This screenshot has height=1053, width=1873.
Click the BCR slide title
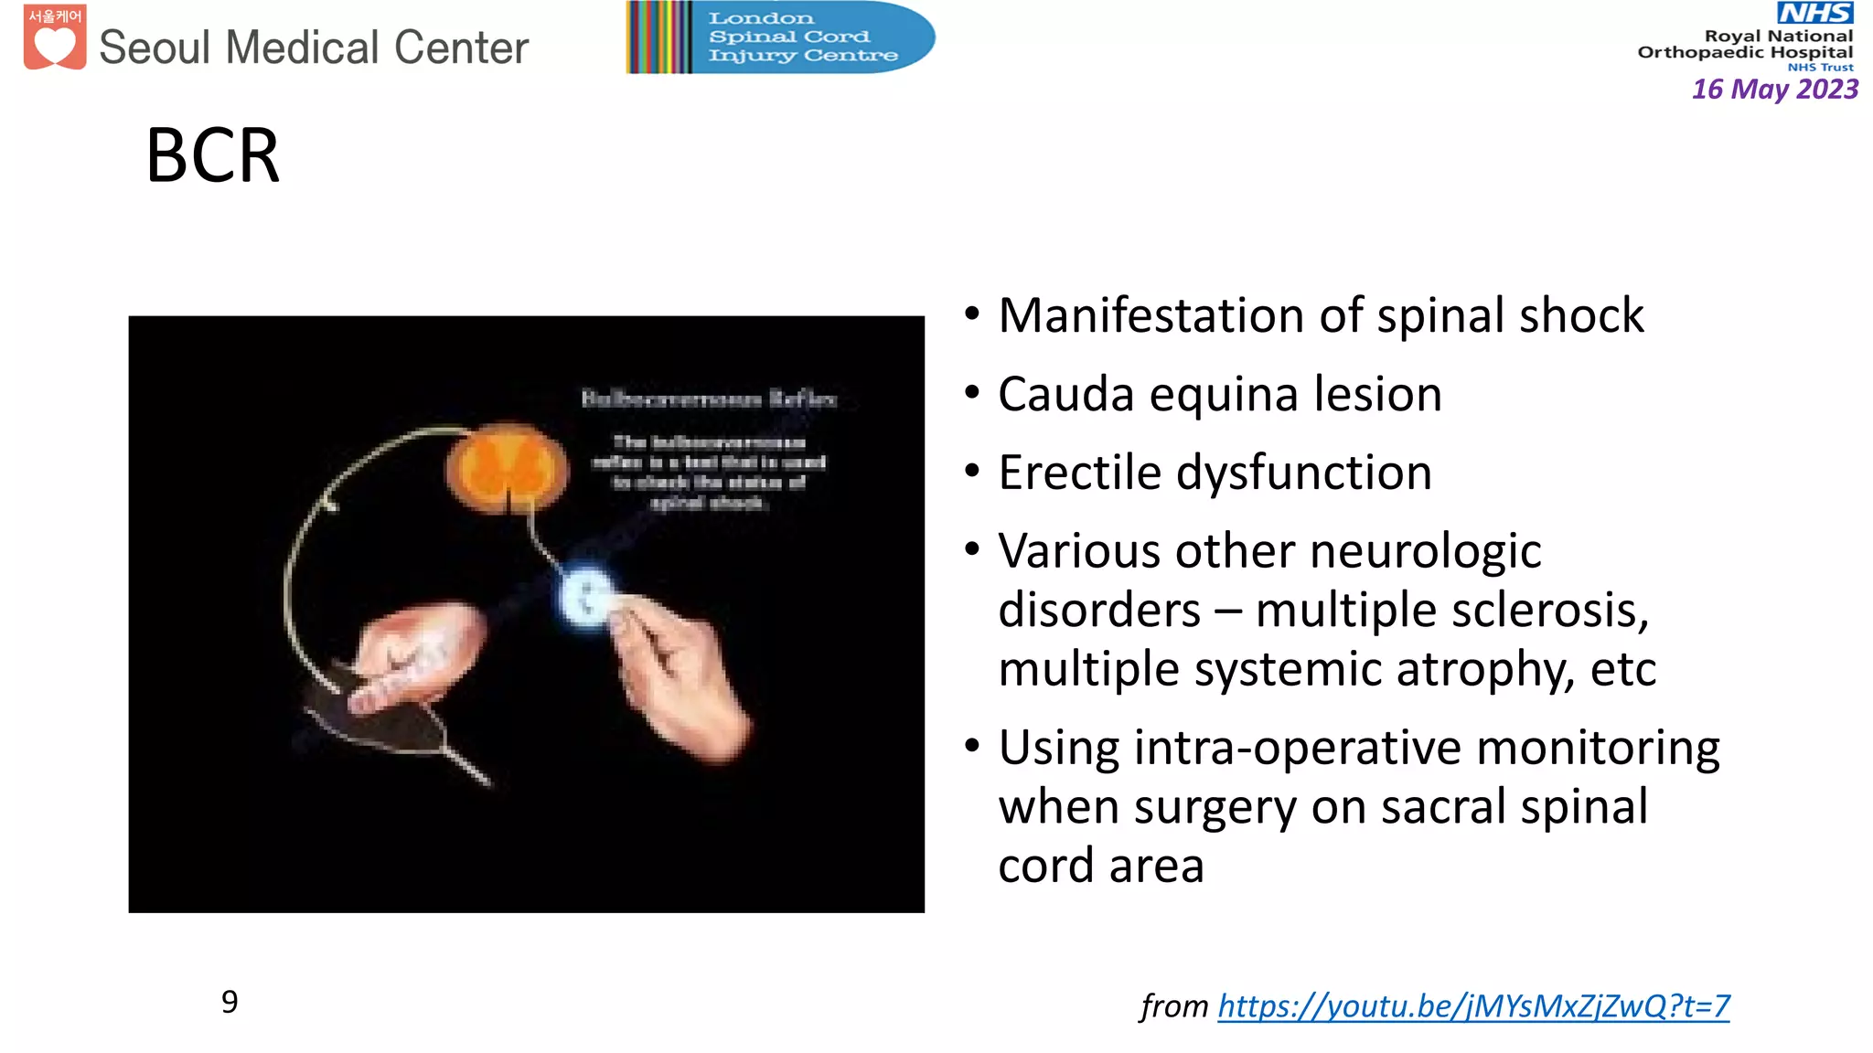(x=212, y=155)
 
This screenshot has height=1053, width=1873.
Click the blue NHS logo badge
(x=1814, y=13)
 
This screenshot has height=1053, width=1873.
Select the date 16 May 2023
(x=1774, y=89)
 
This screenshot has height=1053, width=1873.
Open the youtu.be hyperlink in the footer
(x=1473, y=1005)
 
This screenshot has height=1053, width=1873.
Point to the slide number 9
(x=230, y=1002)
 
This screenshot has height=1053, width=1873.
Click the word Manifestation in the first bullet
(x=1151, y=315)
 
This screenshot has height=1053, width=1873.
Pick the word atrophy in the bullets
(x=1472, y=669)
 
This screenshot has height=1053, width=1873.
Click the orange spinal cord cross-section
(x=506, y=467)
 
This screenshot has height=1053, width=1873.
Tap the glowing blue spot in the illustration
(x=585, y=597)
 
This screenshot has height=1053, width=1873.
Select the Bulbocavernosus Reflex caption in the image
(x=709, y=399)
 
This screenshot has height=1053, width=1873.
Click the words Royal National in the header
(x=1778, y=36)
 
